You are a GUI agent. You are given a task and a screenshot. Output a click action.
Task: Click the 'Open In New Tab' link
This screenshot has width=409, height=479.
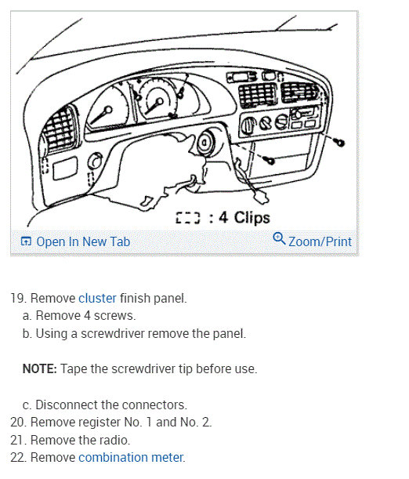tap(83, 241)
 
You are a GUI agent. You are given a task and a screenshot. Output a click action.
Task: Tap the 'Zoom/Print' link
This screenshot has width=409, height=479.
tap(320, 241)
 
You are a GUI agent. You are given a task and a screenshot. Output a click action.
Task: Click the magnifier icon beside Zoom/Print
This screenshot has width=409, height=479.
tap(279, 239)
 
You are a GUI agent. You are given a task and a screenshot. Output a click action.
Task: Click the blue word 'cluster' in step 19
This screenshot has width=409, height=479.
tap(97, 299)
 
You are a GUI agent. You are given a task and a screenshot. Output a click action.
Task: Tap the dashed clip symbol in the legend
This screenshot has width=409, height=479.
tap(189, 219)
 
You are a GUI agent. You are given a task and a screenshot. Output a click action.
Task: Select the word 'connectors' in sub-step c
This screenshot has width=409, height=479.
tap(155, 405)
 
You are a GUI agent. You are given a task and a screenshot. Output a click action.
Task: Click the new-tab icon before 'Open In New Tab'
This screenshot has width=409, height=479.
tap(26, 241)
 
